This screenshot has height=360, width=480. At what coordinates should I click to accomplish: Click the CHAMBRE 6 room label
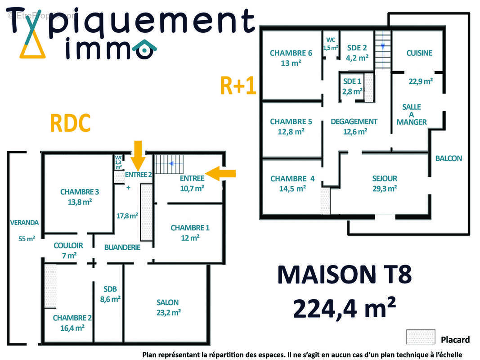291,53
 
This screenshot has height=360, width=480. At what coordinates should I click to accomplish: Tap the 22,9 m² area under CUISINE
421,81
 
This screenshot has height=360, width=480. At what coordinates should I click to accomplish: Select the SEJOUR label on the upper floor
385,179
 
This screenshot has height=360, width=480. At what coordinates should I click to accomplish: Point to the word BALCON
449,158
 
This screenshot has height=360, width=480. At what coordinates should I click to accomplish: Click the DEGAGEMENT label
354,121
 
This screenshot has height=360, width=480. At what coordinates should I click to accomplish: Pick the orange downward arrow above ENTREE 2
138,153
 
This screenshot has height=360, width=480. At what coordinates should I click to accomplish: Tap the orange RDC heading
70,123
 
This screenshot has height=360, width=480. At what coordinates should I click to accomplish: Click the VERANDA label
24,222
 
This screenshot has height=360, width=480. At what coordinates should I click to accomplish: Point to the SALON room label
168,302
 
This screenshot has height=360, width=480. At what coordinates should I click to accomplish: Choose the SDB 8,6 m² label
110,293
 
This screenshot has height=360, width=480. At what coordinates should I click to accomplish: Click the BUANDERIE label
122,247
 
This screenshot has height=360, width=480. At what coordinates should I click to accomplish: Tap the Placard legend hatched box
420,337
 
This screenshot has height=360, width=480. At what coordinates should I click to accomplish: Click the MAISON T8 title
344,275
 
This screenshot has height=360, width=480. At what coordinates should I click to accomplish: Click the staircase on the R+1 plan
383,49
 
